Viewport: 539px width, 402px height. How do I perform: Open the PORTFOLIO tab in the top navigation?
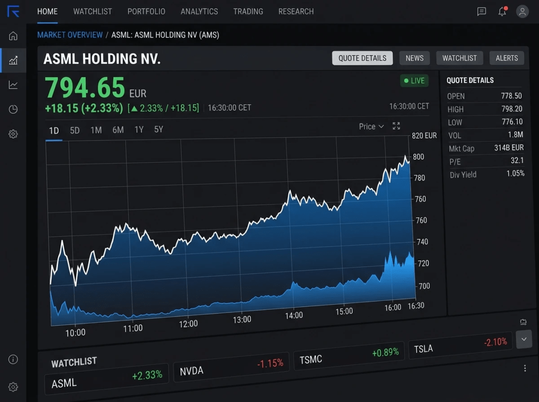(x=146, y=12)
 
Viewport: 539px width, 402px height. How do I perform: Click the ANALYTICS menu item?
(x=199, y=12)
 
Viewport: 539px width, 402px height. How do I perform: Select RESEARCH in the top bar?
(x=296, y=12)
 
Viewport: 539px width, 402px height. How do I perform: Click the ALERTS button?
(x=506, y=58)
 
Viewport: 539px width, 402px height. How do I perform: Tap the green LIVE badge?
(x=414, y=81)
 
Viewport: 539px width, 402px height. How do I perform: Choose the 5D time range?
(x=75, y=130)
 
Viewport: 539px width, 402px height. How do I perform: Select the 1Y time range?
(x=138, y=130)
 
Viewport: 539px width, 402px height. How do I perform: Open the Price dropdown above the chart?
(x=371, y=127)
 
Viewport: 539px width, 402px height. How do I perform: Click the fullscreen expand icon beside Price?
(x=396, y=126)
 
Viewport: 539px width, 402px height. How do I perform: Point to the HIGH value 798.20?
(x=512, y=109)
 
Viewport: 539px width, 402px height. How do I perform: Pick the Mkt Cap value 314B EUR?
(x=509, y=148)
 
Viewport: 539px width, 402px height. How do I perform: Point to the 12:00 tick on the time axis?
(x=188, y=324)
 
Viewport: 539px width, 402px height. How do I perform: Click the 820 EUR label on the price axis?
(x=424, y=136)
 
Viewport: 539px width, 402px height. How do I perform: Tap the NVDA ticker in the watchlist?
(x=192, y=371)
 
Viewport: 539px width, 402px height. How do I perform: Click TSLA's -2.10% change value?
(x=495, y=342)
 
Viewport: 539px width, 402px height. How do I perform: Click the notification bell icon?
(x=503, y=12)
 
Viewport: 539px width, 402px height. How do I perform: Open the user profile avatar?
(x=522, y=12)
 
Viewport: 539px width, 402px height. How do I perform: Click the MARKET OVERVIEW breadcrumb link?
(x=70, y=35)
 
